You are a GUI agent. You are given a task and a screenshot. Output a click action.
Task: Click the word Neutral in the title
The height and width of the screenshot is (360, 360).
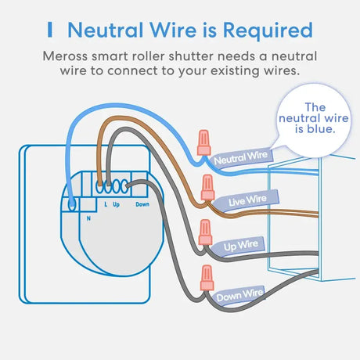point(106,30)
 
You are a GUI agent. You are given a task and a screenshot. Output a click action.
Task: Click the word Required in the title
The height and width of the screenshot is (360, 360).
point(268,31)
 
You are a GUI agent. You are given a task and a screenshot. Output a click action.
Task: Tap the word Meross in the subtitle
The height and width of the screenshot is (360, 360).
point(65,56)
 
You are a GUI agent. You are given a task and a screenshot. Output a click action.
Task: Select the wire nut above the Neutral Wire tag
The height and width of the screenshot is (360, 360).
point(203,142)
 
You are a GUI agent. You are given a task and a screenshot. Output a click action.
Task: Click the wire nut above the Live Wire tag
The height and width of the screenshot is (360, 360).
point(207,187)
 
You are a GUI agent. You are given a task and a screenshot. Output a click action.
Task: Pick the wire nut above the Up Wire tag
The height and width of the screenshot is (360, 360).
point(205,232)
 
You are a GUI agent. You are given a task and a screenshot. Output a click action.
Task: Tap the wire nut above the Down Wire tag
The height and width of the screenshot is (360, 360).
point(207,278)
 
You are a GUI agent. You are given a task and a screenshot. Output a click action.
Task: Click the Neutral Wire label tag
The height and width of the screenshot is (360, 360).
point(242,157)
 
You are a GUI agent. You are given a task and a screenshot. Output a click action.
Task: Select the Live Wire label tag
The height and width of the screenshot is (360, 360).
point(247,200)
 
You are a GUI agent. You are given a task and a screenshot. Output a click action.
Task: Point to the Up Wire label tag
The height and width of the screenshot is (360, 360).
point(238,246)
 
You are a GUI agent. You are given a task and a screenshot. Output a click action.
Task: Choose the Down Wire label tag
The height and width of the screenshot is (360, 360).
point(239,294)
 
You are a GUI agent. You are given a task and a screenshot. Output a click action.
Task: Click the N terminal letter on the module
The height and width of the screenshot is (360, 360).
point(88,218)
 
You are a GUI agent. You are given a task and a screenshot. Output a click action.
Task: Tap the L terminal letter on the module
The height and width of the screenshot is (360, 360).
point(106,204)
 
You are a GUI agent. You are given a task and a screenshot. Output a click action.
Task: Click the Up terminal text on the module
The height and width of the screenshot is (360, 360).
point(116,204)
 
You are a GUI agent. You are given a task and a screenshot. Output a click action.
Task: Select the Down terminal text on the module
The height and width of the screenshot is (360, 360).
point(142,204)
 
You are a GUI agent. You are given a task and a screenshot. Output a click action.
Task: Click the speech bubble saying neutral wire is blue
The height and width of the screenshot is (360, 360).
point(314,121)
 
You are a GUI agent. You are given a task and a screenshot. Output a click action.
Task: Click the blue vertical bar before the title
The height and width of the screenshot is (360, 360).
point(50,30)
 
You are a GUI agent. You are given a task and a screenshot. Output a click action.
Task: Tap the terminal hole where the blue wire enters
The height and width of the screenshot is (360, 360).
point(72,203)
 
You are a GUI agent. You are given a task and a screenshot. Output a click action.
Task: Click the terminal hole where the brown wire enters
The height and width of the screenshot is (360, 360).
point(99,187)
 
